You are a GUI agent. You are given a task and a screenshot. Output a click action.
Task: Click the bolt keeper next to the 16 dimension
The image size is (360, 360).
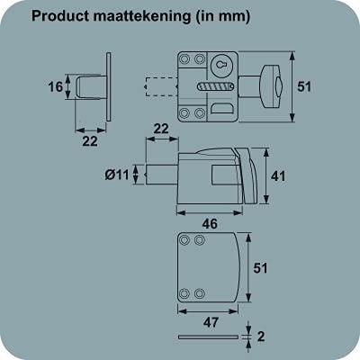[x=91, y=88]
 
